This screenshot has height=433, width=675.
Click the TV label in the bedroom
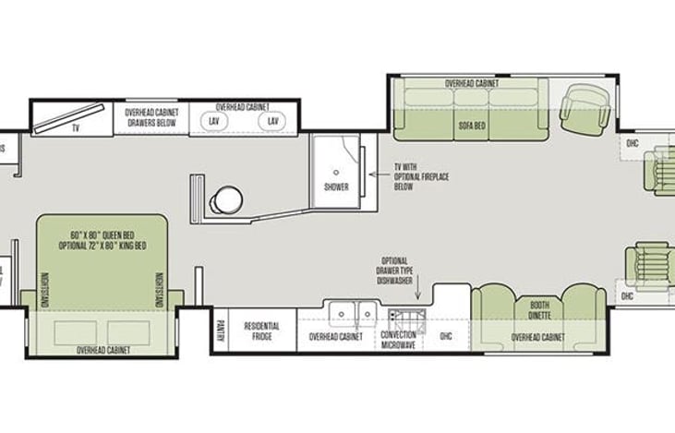tap(76, 128)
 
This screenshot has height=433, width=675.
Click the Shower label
tap(336, 186)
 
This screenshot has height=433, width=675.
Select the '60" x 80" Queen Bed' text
tap(102, 235)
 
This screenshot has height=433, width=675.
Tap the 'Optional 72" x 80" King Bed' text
tap(102, 247)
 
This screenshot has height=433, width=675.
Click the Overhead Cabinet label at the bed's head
tap(102, 350)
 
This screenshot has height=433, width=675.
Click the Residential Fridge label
tap(261, 331)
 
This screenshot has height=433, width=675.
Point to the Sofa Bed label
tap(474, 123)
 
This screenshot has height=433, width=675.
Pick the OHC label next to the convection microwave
tap(447, 337)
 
